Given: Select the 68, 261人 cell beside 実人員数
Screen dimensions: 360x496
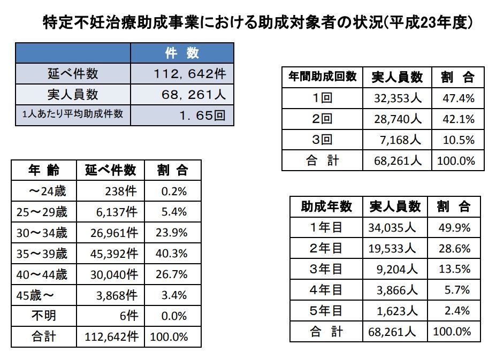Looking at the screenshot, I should coord(193,95).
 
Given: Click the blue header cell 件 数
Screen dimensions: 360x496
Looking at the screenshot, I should coord(182,53).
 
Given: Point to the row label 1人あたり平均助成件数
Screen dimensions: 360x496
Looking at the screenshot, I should coord(73,114).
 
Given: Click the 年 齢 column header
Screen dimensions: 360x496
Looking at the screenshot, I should coord(44,170).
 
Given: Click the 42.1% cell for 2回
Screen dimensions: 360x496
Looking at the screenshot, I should coord(459,119).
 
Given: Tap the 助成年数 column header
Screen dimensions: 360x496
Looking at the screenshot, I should coord(326,206).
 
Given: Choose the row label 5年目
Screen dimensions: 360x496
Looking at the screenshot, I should coord(326,311).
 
